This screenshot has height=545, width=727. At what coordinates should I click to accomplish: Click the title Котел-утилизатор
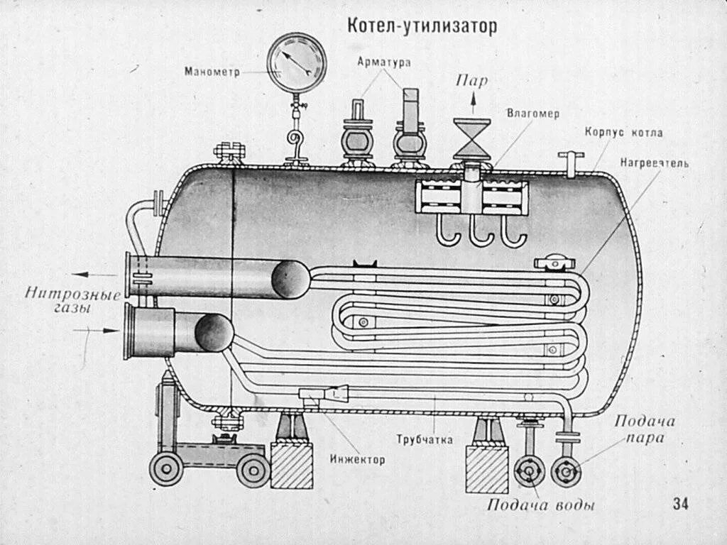422,26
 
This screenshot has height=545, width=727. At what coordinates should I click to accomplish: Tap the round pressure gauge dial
297,62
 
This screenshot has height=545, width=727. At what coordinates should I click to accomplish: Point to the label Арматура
384,62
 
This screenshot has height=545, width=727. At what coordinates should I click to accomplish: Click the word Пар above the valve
471,81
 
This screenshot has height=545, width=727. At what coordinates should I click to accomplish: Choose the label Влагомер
533,114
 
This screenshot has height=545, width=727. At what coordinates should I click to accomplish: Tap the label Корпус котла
624,132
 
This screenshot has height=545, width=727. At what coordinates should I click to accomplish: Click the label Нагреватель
654,163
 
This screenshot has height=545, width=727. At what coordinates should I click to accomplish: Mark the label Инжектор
357,460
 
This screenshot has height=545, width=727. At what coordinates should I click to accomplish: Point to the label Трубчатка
425,440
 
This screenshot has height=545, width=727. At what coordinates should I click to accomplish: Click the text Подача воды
540,505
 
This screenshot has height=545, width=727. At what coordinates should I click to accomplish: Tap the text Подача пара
645,429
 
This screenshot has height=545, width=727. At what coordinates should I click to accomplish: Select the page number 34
680,504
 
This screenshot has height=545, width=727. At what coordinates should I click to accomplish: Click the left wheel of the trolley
166,470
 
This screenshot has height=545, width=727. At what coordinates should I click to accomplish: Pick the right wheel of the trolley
253,470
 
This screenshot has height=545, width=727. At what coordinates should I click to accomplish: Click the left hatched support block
291,465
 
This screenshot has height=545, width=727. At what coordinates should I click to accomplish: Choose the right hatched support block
487,468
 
